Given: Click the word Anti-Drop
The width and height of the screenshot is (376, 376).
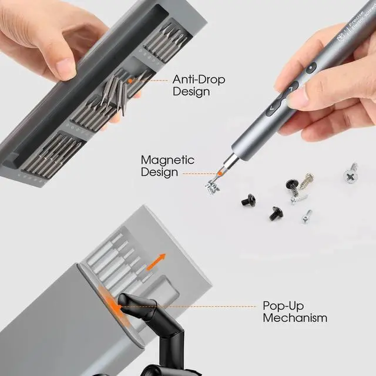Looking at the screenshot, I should pyautogui.click(x=199, y=79).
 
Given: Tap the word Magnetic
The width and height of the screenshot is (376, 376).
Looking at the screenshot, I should pyautogui.click(x=167, y=160).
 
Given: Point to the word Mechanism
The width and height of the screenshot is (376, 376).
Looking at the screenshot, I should pyautogui.click(x=295, y=318).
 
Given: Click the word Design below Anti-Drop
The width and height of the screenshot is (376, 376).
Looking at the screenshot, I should pyautogui.click(x=191, y=92).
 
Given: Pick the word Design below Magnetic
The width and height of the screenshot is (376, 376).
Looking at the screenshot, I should pyautogui.click(x=159, y=172).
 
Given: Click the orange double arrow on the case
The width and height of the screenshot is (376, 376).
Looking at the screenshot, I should pyautogui.click(x=156, y=262).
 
